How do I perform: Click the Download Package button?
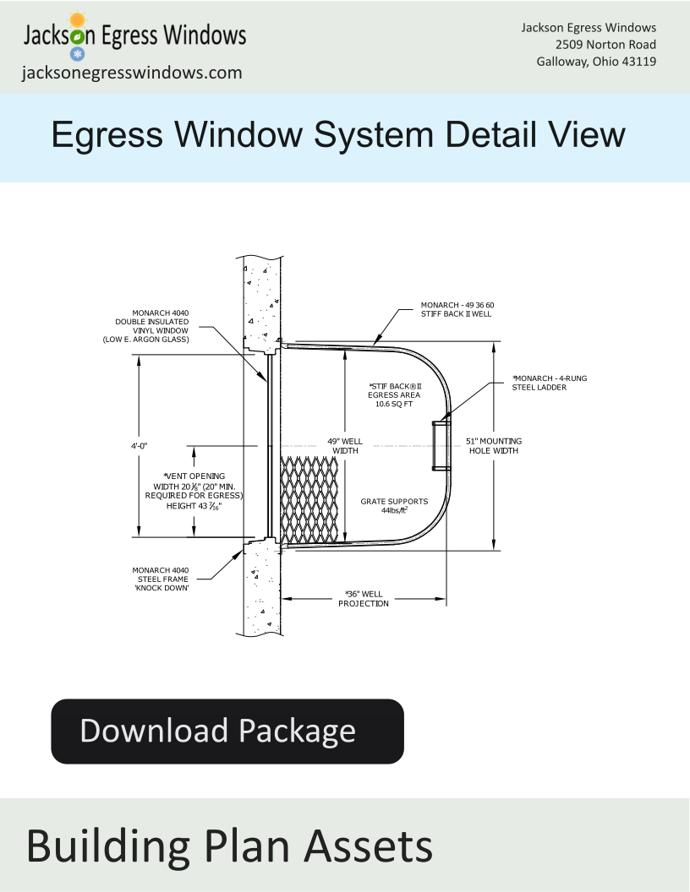227,731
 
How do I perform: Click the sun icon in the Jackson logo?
78,20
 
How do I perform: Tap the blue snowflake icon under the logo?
78,54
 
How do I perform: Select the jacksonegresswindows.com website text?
132,73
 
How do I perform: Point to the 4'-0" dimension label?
139,446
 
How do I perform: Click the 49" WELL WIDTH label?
345,446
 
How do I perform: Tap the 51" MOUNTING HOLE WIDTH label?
494,446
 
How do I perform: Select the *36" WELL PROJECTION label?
364,598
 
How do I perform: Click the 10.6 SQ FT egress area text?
394,404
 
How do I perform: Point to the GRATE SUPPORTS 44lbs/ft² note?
394,506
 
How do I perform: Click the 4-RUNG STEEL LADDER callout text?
549,383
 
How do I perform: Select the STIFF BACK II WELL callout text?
456,314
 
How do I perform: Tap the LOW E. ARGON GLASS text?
145,340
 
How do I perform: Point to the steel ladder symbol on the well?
441,445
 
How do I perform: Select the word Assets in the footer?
369,846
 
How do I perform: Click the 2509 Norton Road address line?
605,45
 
